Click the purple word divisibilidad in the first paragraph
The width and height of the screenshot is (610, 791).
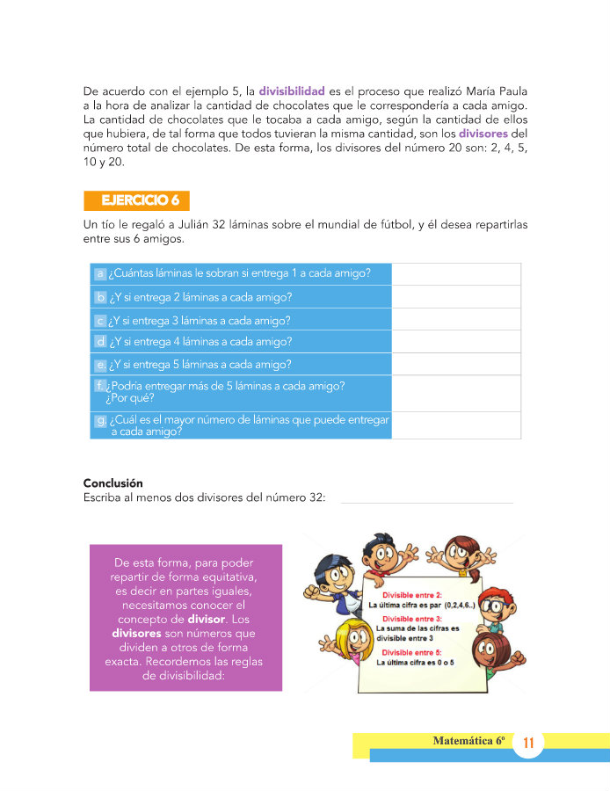(x=292, y=91)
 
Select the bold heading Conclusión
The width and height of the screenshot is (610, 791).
(x=113, y=483)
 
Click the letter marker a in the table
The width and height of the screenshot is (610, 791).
(x=101, y=274)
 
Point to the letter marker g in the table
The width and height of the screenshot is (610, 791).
(x=101, y=421)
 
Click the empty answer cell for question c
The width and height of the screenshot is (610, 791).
(x=455, y=320)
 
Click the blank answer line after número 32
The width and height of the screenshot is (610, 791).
(x=426, y=499)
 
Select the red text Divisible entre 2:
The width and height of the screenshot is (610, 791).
(x=411, y=595)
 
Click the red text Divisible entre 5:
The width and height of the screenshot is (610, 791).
(x=411, y=653)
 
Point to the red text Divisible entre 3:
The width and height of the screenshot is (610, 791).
(x=411, y=619)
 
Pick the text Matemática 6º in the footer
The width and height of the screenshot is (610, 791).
(x=468, y=741)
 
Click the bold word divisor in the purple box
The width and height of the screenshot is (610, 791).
(x=207, y=619)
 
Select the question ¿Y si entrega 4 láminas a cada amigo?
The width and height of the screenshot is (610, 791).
(x=200, y=342)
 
